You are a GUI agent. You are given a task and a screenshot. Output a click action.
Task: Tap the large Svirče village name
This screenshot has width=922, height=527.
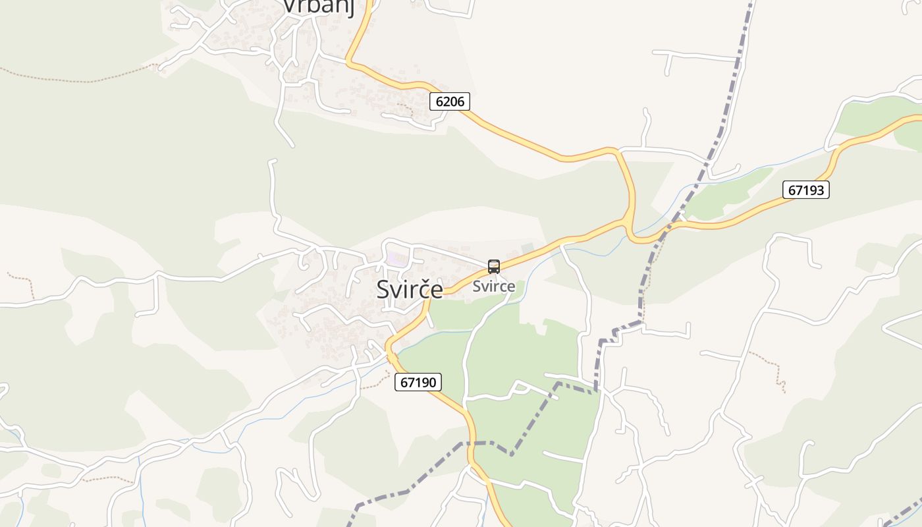pyautogui.click(x=409, y=289)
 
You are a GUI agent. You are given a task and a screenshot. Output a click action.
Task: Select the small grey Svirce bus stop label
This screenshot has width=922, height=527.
pyautogui.click(x=493, y=287)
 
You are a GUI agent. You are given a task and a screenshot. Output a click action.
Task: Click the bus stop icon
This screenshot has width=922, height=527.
pyautogui.click(x=493, y=267)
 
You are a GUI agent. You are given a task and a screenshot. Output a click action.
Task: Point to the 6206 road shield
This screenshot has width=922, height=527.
pyautogui.click(x=450, y=101)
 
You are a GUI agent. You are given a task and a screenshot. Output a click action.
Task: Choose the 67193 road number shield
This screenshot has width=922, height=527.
pyautogui.click(x=806, y=190)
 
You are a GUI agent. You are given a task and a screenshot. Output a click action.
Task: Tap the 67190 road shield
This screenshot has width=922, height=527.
pyautogui.click(x=418, y=382)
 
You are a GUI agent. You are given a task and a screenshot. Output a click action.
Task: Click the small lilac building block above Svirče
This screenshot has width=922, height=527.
pyautogui.click(x=396, y=259)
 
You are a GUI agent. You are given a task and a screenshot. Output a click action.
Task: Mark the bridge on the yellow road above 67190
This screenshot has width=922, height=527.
pyautogui.click(x=391, y=356)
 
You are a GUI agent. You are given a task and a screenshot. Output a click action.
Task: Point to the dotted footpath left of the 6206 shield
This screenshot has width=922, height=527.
pyautogui.click(x=410, y=109)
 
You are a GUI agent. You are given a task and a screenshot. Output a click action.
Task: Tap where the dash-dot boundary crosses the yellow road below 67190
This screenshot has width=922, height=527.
pyautogui.click(x=472, y=443)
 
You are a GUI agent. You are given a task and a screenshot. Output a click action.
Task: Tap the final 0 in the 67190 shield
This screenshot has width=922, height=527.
pyautogui.click(x=434, y=382)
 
